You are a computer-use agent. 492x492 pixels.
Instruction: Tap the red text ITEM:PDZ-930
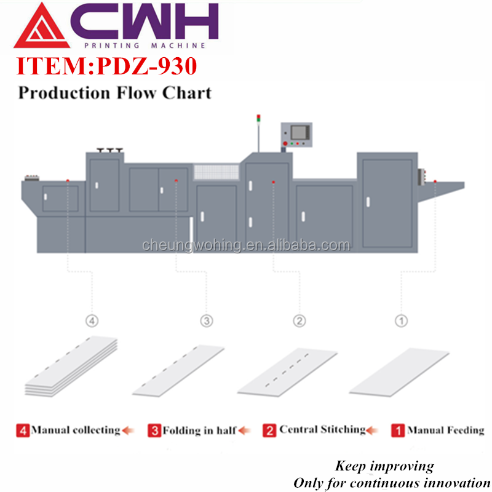point(106,66)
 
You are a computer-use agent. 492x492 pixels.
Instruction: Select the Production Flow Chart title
point(114,93)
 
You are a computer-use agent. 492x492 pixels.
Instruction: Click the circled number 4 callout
point(92,320)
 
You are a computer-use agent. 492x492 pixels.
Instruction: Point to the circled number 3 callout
point(207,320)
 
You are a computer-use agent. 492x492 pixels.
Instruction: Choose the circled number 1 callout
point(401,320)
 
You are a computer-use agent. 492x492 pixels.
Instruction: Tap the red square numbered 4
point(23,430)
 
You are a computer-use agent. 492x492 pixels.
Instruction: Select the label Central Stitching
point(322,429)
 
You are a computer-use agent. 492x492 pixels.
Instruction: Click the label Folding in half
point(199,430)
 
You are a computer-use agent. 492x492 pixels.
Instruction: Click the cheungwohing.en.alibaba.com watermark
point(246,246)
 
